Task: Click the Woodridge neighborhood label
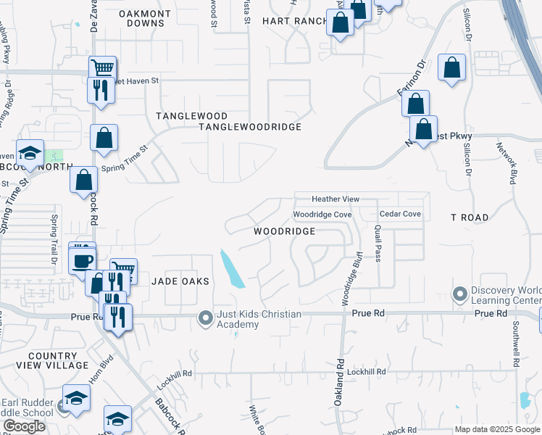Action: click(x=284, y=231)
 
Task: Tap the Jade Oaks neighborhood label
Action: click(x=180, y=281)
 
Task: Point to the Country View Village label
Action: click(x=52, y=361)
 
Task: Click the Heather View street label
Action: click(x=335, y=199)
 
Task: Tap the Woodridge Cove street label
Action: click(x=322, y=215)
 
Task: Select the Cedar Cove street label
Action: click(x=400, y=214)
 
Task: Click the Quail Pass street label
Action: click(x=378, y=241)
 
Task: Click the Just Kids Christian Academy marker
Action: click(x=206, y=318)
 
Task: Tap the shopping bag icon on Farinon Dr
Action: click(x=415, y=104)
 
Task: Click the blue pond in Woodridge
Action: click(x=232, y=270)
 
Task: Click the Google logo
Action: click(x=24, y=426)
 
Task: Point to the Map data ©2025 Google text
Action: click(x=497, y=429)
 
